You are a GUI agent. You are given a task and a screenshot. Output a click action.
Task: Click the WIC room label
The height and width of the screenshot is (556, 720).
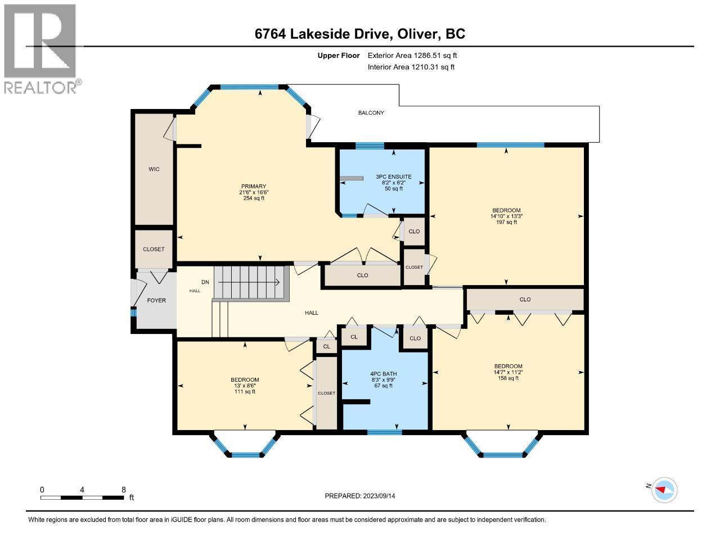click(x=154, y=169)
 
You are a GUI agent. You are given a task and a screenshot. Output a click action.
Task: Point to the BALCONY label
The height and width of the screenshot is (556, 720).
click(x=371, y=113)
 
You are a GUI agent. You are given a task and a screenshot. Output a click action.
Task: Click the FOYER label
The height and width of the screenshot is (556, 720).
click(x=156, y=300)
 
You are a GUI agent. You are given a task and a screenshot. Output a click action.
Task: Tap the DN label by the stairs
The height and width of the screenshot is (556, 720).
click(x=205, y=282)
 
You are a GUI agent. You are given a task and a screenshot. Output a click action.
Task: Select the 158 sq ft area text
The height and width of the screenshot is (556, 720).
click(x=508, y=378)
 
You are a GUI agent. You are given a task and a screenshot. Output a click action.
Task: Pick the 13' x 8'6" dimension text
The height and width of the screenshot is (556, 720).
click(x=245, y=386)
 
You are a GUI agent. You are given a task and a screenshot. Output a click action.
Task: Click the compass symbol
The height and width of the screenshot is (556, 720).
click(x=664, y=490)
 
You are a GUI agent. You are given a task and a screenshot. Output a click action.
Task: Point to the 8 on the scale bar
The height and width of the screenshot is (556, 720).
click(x=123, y=490)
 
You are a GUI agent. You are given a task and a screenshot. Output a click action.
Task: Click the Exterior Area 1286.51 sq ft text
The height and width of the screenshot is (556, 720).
click(x=412, y=56)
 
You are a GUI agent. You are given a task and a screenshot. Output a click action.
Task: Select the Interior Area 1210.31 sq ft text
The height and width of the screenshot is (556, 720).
click(x=411, y=67)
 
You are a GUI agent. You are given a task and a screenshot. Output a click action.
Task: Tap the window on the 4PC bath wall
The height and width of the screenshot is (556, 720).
click(x=385, y=432)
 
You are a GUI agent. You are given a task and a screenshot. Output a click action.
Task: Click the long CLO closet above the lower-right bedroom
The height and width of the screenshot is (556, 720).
click(x=525, y=300)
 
